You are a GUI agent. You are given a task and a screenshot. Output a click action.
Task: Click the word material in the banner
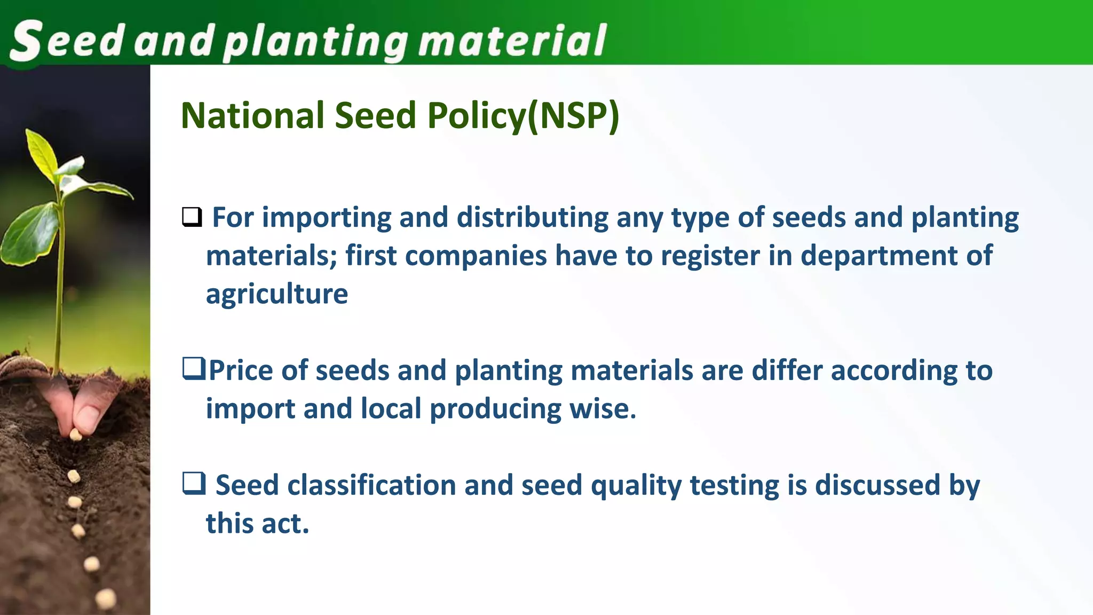(512, 41)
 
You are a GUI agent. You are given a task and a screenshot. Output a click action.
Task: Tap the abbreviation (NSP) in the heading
(573, 115)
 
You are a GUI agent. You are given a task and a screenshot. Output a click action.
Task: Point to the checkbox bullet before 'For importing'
(192, 217)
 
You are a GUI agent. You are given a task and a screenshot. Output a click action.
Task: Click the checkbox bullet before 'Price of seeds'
(193, 369)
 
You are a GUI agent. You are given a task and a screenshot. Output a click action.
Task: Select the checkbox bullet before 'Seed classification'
(193, 484)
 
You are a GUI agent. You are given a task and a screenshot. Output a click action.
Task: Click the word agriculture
(277, 295)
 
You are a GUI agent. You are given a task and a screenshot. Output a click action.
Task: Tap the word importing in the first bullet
(326, 218)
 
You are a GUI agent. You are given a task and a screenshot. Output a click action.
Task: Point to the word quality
(636, 486)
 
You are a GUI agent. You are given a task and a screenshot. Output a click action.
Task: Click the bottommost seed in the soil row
(106, 598)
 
